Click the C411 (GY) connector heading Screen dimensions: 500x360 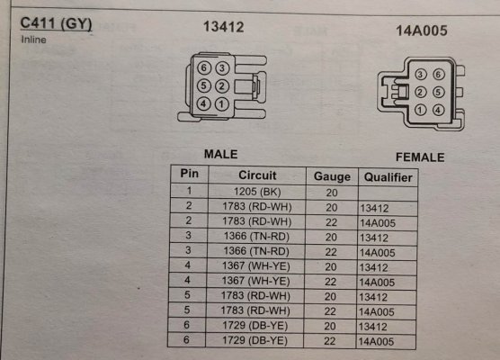coord(56,24)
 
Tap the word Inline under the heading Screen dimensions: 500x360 coord(33,40)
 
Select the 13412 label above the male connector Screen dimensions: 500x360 coord(224,27)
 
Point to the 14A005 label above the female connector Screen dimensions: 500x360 coord(422,31)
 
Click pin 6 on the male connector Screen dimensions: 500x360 coord(204,67)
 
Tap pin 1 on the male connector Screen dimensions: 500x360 coord(222,103)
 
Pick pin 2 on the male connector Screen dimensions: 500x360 coord(222,85)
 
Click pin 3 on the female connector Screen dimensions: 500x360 coord(420,75)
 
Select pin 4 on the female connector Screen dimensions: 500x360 coord(438,110)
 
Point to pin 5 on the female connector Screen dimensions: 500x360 coord(438,92)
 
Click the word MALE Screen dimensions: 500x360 coord(220,154)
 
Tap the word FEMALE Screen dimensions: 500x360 coord(420,157)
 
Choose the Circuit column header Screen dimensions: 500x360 coord(257,175)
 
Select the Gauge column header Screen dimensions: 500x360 coord(332,176)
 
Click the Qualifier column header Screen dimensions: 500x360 coord(388,177)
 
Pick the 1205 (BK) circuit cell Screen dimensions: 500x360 coord(257,192)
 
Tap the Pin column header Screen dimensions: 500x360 coord(190,174)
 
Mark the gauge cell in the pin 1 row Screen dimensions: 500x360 coord(332,193)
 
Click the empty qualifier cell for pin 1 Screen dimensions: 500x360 coord(388,193)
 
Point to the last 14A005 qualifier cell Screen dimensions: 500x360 coord(376,341)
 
